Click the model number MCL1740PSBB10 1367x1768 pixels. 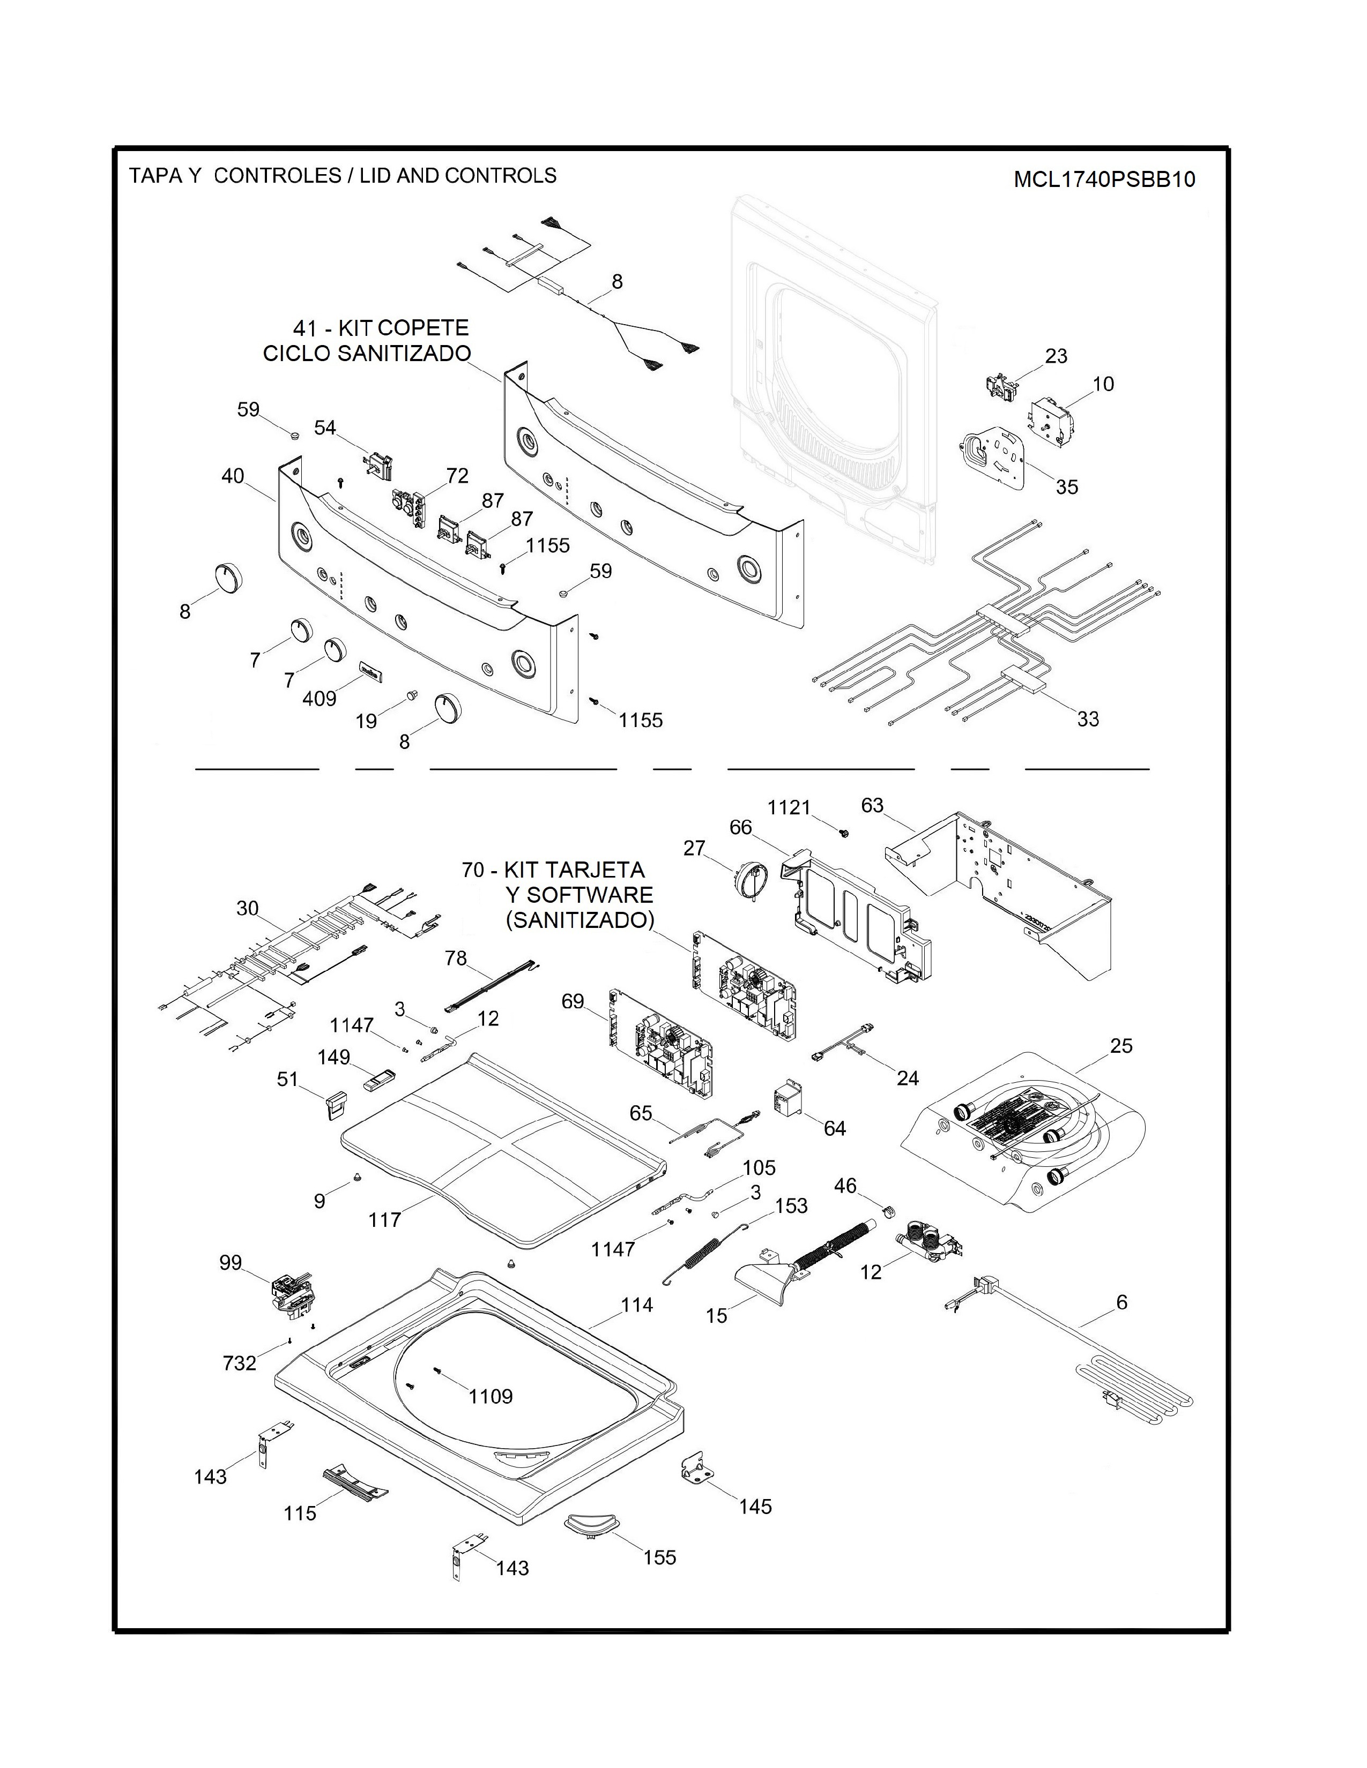tap(1105, 179)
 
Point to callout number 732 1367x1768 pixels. tap(240, 1364)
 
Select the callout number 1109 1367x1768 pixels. tap(491, 1396)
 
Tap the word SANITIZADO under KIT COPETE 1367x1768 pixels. tap(402, 354)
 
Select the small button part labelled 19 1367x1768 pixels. tap(412, 694)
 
